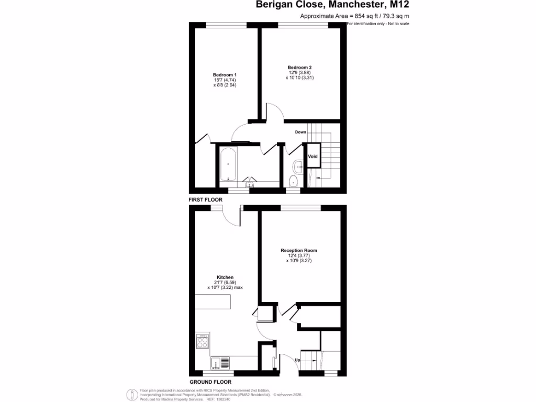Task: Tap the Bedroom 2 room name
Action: coord(299,68)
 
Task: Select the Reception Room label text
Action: coord(299,251)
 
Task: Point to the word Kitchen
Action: coord(225,277)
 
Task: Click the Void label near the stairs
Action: coord(312,157)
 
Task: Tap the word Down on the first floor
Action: coord(300,132)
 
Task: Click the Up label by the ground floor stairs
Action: coord(297,360)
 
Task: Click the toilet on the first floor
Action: coord(293,181)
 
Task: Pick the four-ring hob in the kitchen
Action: coord(202,342)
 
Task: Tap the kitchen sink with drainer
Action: coord(219,363)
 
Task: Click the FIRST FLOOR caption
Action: coord(206,200)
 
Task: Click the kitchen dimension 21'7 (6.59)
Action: coord(225,283)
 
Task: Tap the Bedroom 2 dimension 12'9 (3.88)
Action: coord(299,73)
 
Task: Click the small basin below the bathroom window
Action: coord(249,184)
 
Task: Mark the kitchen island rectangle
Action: coord(213,302)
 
